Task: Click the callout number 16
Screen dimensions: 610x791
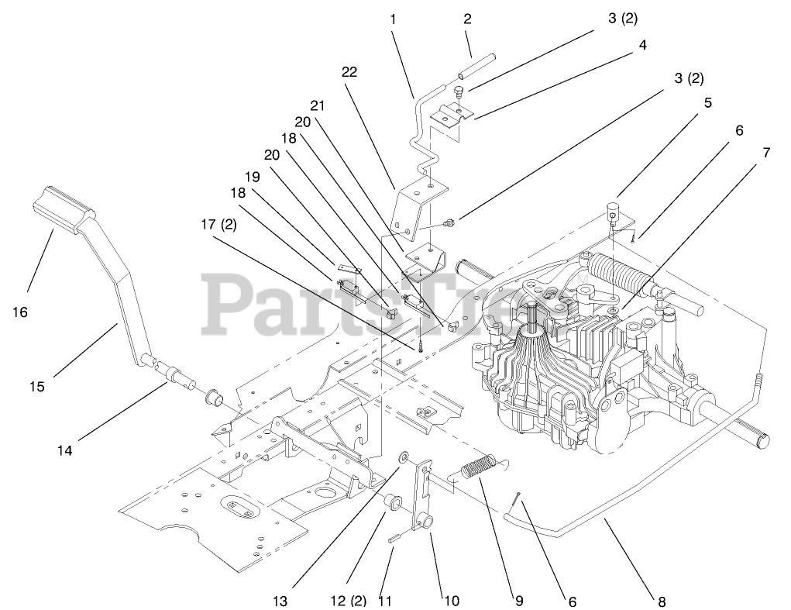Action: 19,312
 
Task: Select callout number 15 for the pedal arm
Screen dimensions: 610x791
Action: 36,385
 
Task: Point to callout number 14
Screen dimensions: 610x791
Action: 65,449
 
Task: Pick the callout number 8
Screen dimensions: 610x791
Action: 661,601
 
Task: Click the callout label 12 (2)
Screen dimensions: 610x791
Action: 349,601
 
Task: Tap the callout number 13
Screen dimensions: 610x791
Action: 280,601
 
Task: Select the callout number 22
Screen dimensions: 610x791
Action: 349,71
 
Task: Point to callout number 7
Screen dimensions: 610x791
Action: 765,153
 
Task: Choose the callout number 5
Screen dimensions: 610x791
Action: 707,102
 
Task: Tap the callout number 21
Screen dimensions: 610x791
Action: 318,105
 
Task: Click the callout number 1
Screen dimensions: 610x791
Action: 393,19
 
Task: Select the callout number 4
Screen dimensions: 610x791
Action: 642,46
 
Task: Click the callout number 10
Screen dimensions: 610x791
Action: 450,601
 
